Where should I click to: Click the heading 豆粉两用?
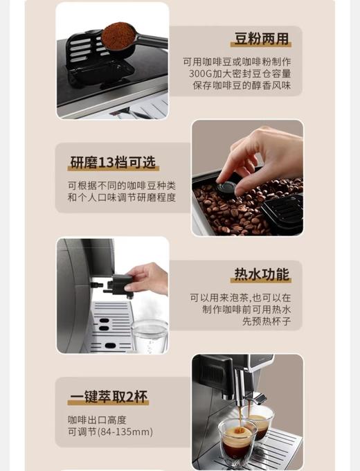260,39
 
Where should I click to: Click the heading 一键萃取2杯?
109,398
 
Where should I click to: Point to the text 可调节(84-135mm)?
110,432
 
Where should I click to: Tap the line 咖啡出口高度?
97,420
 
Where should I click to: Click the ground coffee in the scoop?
119,35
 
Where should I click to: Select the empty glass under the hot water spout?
150,335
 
